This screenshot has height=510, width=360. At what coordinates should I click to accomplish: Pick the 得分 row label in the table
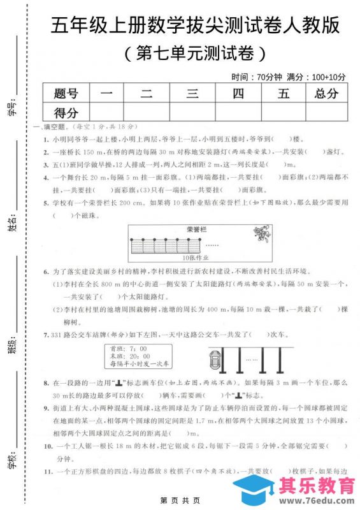[x=66, y=113]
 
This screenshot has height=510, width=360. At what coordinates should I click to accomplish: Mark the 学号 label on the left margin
[x=11, y=109]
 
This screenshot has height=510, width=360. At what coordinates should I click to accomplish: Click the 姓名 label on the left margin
[x=11, y=225]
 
